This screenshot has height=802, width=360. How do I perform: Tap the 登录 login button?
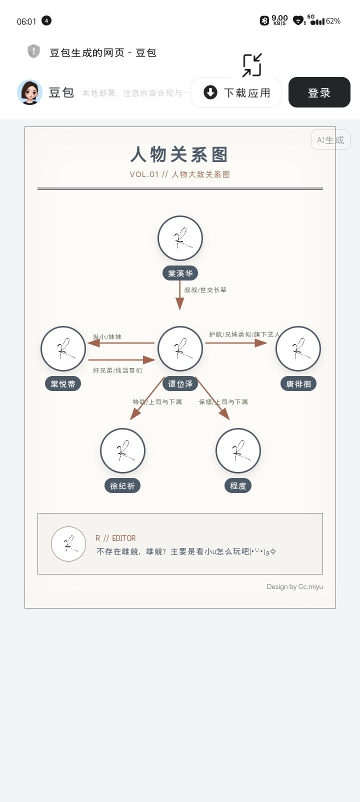pos(319,92)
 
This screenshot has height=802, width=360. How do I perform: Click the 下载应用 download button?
pos(236,92)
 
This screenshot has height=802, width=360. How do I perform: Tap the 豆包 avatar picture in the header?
pos(29,92)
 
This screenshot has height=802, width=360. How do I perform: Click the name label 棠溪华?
pos(180,273)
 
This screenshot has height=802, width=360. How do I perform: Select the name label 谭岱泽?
pos(180,384)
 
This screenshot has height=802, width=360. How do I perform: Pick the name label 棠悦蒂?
pos(63,384)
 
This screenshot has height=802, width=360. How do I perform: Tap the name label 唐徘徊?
pos(298,384)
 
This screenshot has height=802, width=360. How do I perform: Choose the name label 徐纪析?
pos(122,486)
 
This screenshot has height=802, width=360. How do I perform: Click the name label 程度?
pos(238,486)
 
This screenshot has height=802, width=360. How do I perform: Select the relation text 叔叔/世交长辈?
pos(205,290)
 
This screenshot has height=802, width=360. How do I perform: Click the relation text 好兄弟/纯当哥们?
pos(117,370)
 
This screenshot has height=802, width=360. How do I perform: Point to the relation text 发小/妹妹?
pos(107,337)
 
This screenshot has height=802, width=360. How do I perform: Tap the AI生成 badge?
pos(330,140)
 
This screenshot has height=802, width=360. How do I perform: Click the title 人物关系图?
pos(179,154)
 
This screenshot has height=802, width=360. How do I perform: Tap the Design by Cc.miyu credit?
pos(295,586)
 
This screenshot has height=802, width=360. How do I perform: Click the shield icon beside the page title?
pos(33,51)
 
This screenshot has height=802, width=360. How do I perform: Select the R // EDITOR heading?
pos(115,538)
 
